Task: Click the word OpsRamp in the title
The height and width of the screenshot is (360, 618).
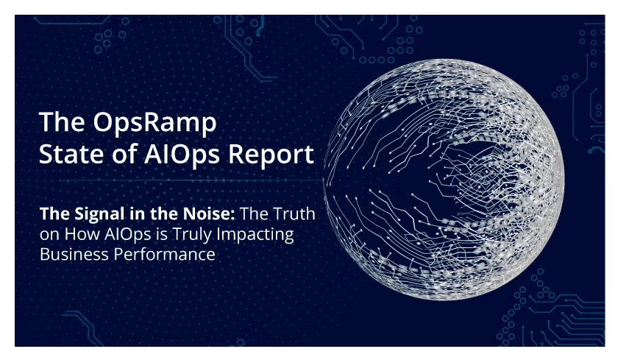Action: (x=155, y=123)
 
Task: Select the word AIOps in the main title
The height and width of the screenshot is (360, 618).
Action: (x=181, y=155)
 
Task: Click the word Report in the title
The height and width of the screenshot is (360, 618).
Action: (x=271, y=155)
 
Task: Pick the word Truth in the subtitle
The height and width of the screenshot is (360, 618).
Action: (x=294, y=213)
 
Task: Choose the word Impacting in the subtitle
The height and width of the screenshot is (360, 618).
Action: (x=255, y=235)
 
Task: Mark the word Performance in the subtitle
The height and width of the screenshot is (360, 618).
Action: (x=164, y=254)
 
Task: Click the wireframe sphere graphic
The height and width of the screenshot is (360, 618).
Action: (x=444, y=180)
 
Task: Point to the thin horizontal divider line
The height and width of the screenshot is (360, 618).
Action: (x=191, y=180)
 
